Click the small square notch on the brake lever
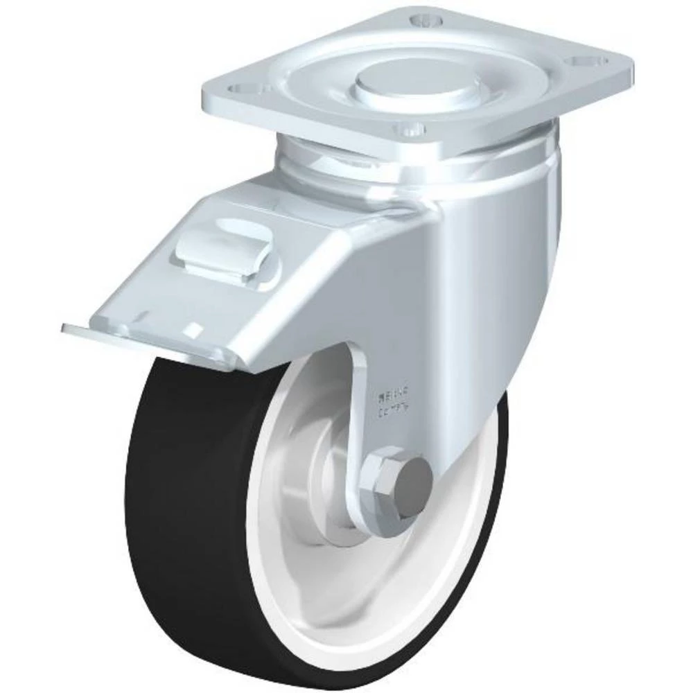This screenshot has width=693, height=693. point(196,328)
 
